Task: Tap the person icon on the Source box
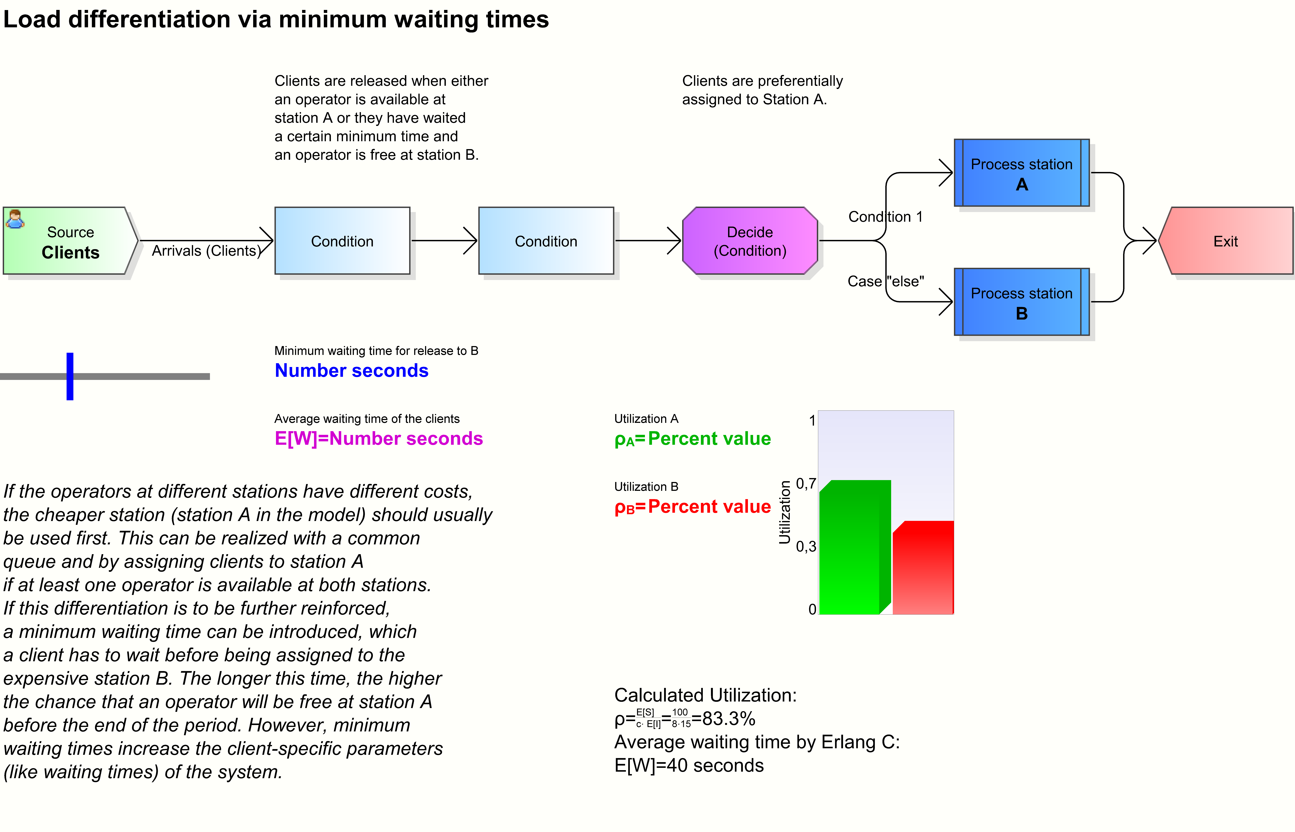pos(15,219)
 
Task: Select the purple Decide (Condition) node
pos(750,241)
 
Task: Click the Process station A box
pos(1021,173)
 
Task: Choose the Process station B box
pos(1021,302)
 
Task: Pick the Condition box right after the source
pos(342,241)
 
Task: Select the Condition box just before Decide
pos(545,241)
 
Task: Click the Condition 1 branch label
pos(885,217)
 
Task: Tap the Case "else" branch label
pos(885,282)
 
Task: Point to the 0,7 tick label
pos(806,483)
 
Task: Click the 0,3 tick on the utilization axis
pos(806,547)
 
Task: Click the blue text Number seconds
pos(352,371)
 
